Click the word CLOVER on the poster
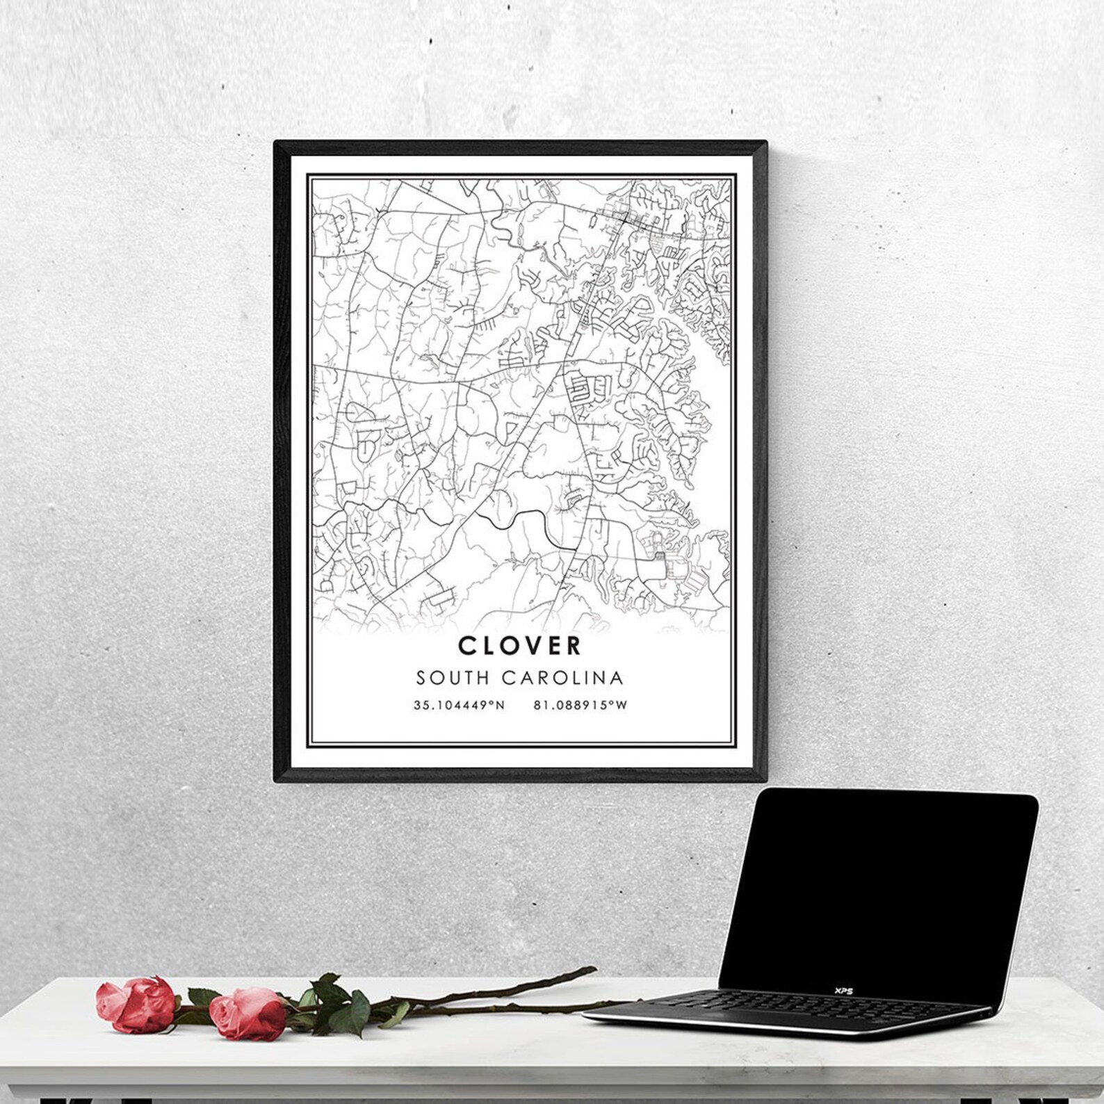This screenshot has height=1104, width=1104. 519,645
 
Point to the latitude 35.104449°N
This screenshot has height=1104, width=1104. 459,705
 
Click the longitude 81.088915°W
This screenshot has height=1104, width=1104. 581,705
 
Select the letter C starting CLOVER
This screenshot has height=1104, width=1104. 466,645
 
